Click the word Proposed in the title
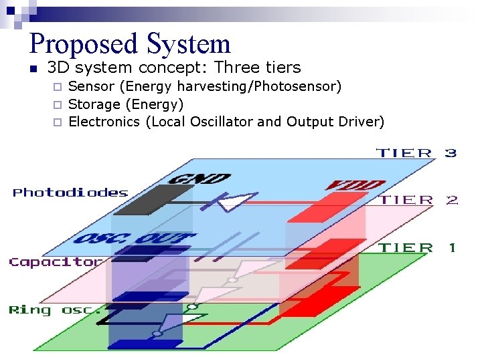[x=84, y=44]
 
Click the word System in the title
[x=188, y=44]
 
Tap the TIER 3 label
[x=417, y=153]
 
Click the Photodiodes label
[x=70, y=193]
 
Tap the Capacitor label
[x=56, y=262]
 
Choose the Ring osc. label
[x=56, y=310]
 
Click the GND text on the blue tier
[x=199, y=179]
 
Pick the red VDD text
[x=355, y=185]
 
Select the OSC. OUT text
[x=135, y=239]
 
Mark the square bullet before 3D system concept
[x=33, y=68]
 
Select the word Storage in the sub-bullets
[x=94, y=104]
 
